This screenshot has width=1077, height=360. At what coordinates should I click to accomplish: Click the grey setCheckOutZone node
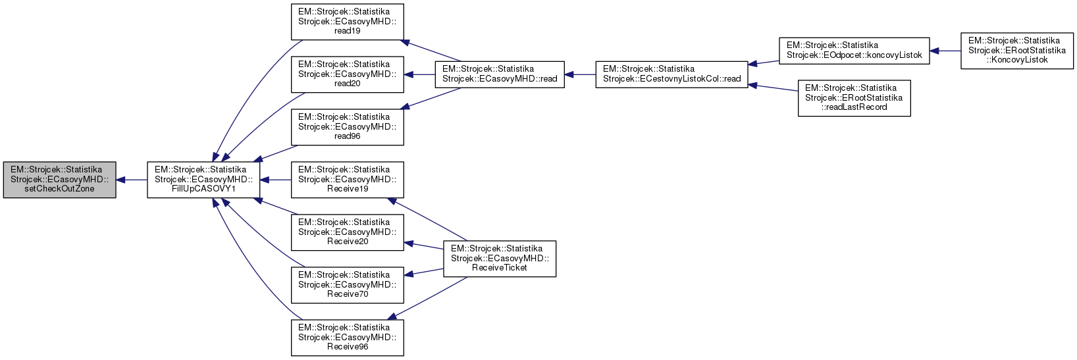tap(59, 180)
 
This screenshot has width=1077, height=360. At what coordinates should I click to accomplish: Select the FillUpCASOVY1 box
tap(203, 180)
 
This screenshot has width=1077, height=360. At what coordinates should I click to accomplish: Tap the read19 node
tap(347, 22)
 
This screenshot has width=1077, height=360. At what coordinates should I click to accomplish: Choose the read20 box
tap(347, 74)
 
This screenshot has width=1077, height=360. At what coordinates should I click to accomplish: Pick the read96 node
tap(347, 127)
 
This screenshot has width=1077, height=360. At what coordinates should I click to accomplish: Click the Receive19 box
tap(347, 180)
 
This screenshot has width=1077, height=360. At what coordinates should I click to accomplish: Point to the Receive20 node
tap(347, 232)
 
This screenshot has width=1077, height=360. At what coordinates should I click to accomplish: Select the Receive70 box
tap(347, 285)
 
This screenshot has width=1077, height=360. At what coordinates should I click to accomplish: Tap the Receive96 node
tap(347, 338)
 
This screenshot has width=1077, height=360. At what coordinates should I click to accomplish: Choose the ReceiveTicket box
tap(500, 259)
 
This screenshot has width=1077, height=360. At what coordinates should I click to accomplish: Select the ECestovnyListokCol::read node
tap(671, 74)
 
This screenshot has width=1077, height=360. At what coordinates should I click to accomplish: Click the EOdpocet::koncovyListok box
tap(854, 51)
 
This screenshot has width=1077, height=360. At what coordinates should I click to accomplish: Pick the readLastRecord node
tap(854, 98)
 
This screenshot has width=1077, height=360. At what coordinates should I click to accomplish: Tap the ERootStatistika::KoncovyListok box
tap(1017, 51)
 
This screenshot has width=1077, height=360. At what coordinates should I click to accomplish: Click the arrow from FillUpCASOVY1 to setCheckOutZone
tap(132, 180)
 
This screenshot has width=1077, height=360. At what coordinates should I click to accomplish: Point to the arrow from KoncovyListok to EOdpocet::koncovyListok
tap(945, 51)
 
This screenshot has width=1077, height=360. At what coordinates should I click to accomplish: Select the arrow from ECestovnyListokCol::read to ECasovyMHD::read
tap(580, 74)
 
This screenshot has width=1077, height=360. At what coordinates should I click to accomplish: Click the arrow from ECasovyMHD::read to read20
tap(419, 74)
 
